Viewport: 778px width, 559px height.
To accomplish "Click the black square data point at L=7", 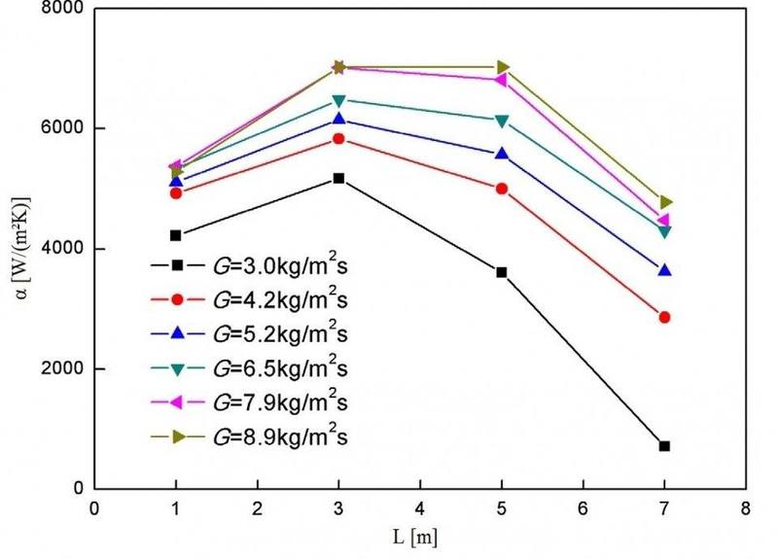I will pyautogui.click(x=664, y=446).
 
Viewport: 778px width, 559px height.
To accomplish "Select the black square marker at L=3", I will pyautogui.click(x=338, y=179).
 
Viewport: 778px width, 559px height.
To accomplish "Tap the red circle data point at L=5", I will pyautogui.click(x=502, y=189).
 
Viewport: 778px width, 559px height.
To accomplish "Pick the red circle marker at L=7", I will pyautogui.click(x=664, y=317).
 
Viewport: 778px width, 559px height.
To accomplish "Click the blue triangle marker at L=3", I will pyautogui.click(x=338, y=119).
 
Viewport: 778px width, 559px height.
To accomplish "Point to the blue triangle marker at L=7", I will pyautogui.click(x=664, y=270).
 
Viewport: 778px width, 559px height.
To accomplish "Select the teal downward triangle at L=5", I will pyautogui.click(x=502, y=121).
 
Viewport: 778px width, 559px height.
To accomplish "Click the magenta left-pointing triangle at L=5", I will pyautogui.click(x=502, y=80).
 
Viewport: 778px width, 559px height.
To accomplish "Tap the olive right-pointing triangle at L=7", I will pyautogui.click(x=664, y=202).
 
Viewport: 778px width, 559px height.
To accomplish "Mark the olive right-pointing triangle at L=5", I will pyautogui.click(x=502, y=67).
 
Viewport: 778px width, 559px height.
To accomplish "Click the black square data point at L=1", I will pyautogui.click(x=176, y=235).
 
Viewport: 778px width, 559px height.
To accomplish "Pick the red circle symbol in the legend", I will pyautogui.click(x=178, y=299).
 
